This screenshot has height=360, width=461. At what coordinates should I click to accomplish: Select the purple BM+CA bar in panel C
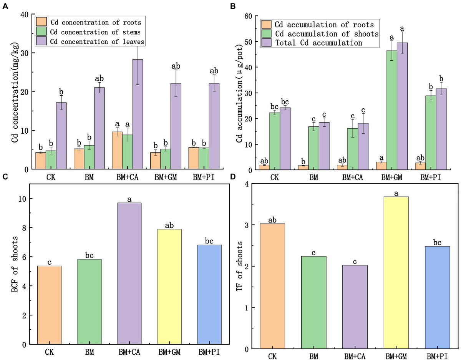coord(129,273)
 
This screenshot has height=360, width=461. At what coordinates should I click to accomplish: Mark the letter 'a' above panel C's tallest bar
coord(129,199)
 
